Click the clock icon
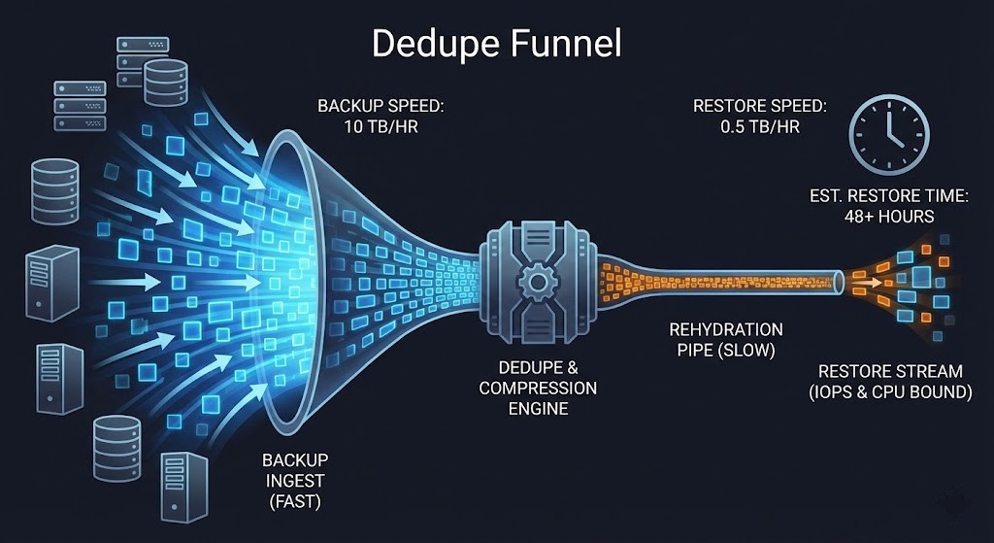point(889,136)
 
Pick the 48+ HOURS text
point(888,216)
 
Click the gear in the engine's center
point(536,283)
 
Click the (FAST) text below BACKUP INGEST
point(294,502)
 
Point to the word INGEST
point(294,481)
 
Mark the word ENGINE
point(538,409)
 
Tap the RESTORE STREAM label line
point(890,372)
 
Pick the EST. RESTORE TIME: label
point(888,196)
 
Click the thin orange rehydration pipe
point(738,281)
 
